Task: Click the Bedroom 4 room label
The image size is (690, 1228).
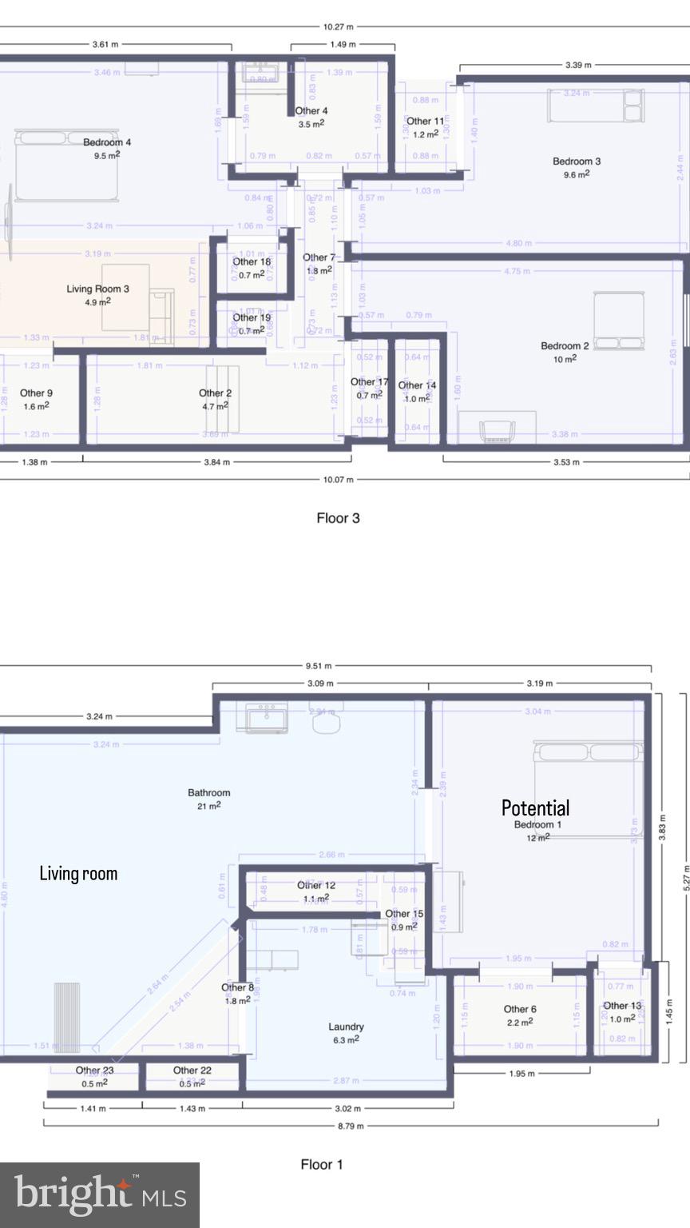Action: pos(107,142)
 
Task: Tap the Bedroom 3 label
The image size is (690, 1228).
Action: pos(577,161)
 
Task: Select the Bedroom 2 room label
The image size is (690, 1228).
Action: pos(565,346)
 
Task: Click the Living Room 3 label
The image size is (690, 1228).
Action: pos(97,289)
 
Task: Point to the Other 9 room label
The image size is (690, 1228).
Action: pos(36,393)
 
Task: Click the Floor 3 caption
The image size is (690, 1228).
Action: pos(338,518)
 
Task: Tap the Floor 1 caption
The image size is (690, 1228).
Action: pos(322,1164)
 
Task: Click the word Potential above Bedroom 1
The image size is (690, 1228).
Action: pos(535,807)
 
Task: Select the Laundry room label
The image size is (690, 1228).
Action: pos(346,1027)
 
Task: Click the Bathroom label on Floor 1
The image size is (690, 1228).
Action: pos(208,793)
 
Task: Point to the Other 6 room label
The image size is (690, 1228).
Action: pos(520,1009)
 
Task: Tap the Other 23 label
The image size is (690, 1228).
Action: pos(94,1071)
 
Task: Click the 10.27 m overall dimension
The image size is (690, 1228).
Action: pos(338,26)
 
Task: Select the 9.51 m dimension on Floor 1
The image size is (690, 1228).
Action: pos(319,666)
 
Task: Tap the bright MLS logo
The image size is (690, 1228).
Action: pos(100,1194)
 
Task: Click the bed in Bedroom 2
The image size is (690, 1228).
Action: pos(619,321)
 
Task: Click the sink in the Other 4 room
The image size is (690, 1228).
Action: pos(261,74)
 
